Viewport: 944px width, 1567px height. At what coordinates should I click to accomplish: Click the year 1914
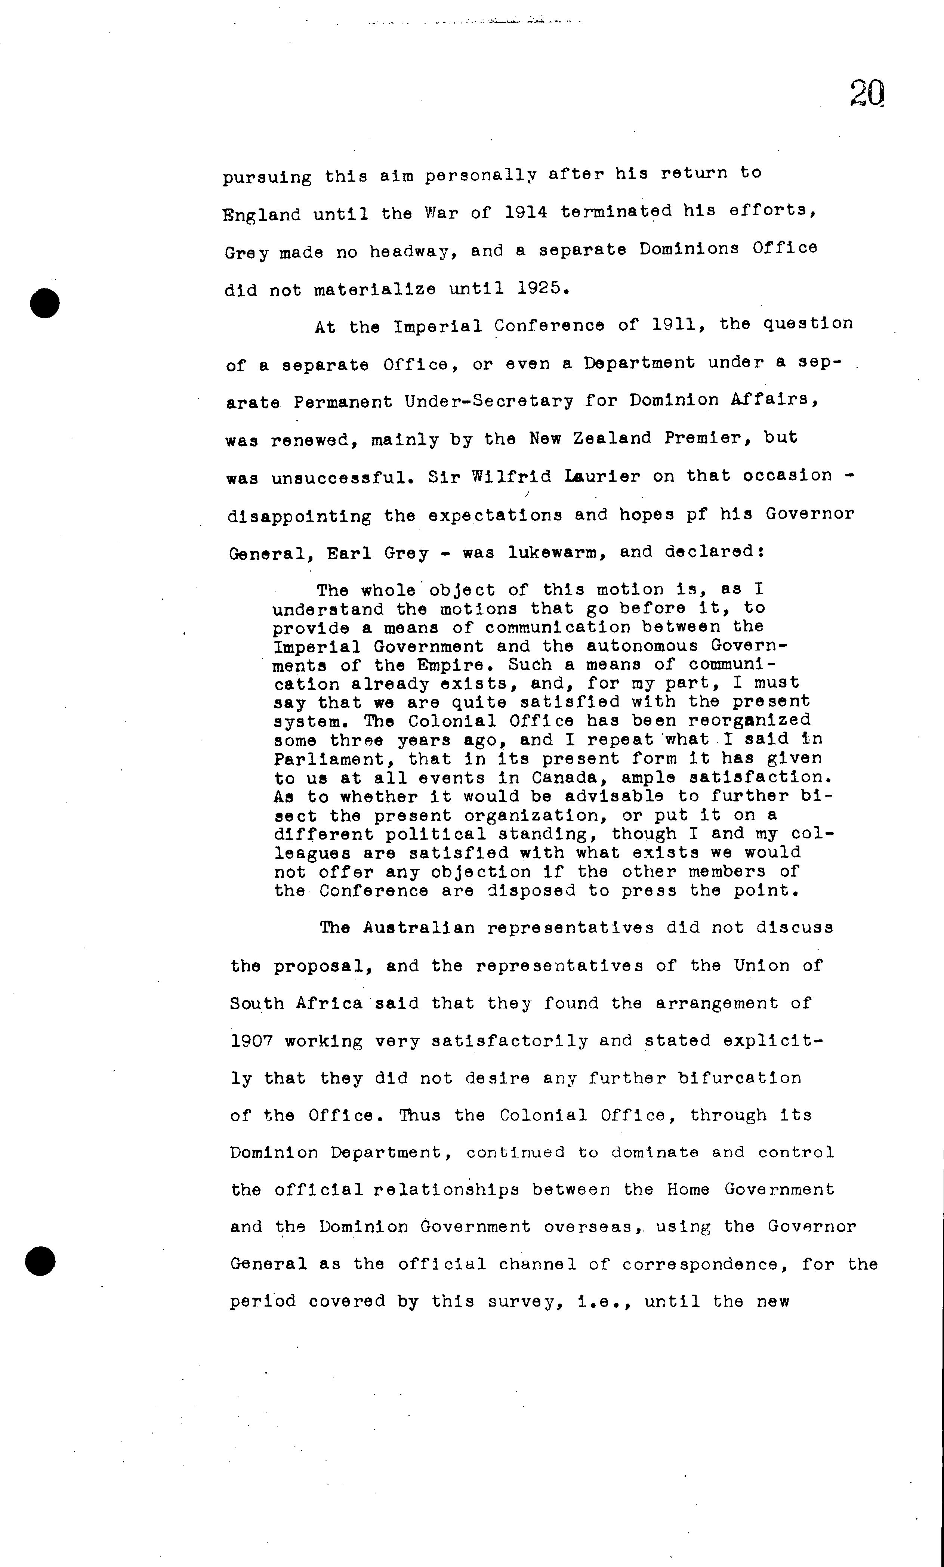[x=526, y=212]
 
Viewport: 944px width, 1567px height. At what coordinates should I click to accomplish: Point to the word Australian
[x=419, y=928]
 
